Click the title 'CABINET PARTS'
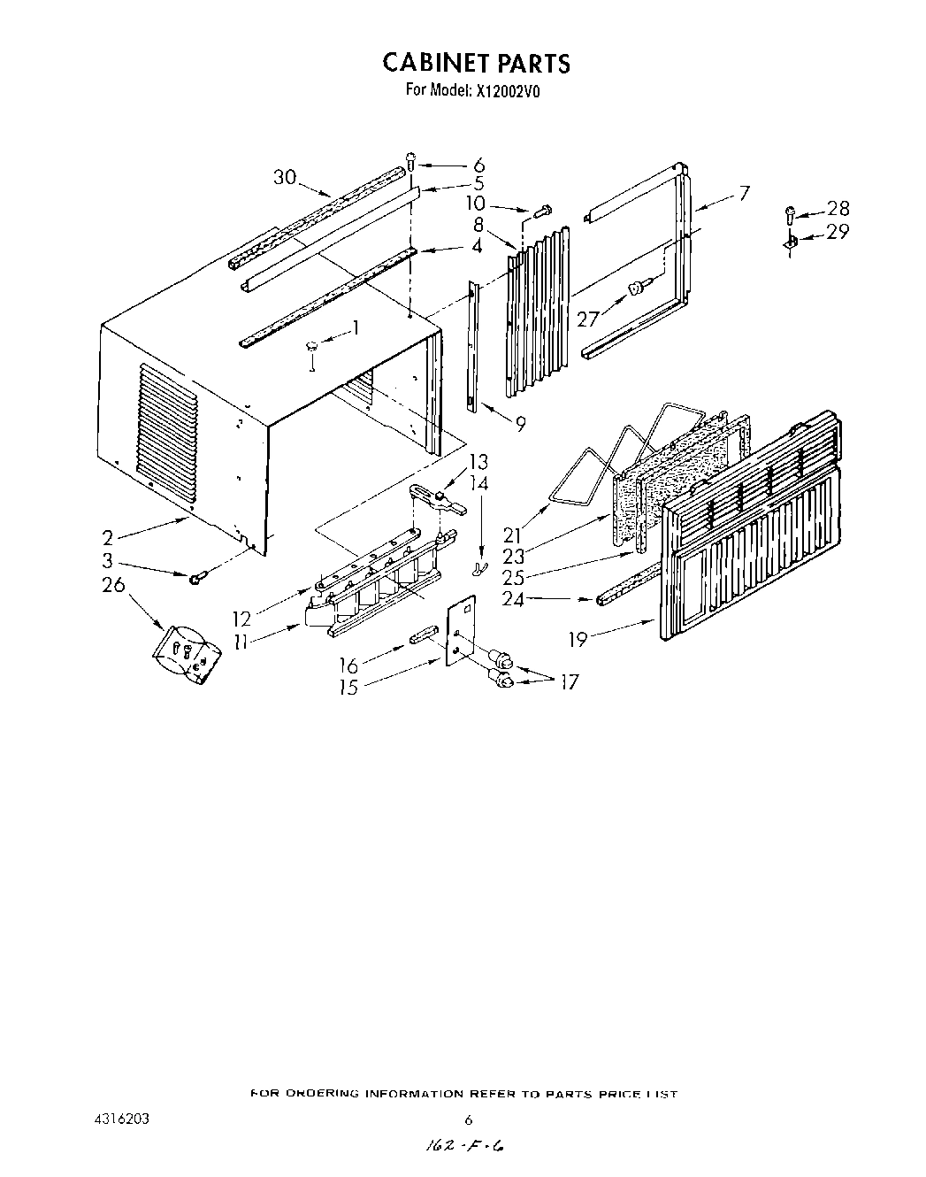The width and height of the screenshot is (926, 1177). click(476, 63)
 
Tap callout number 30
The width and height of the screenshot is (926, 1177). click(284, 177)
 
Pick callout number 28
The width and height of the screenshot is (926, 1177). click(838, 208)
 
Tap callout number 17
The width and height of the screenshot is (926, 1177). click(569, 681)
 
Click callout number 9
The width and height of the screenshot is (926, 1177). click(520, 424)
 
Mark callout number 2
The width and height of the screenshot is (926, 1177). click(107, 536)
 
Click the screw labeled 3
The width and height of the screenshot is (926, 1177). click(196, 578)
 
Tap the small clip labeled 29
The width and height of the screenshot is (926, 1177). click(792, 241)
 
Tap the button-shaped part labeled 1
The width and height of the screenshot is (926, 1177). click(311, 347)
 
